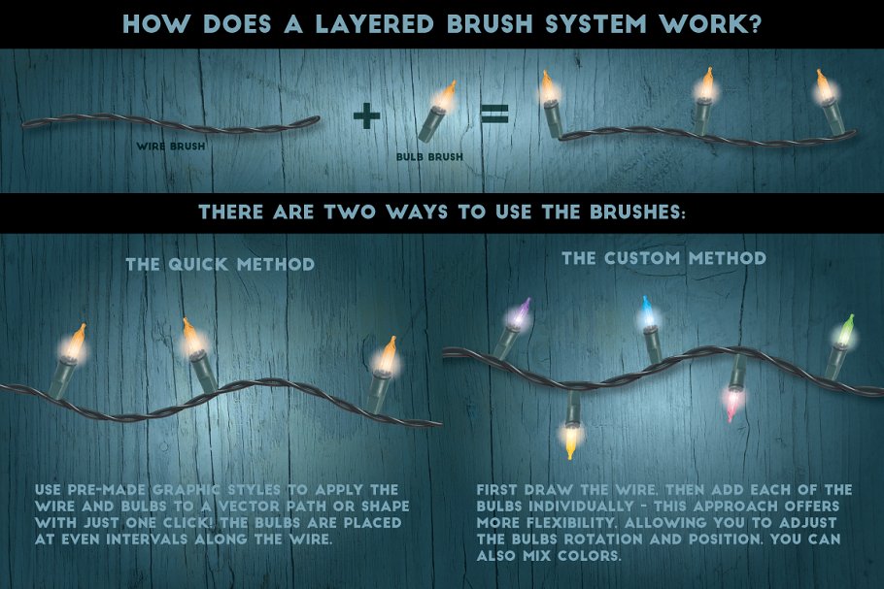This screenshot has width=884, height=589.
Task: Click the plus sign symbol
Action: click(366, 116)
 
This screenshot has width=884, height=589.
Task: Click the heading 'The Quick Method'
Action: click(220, 264)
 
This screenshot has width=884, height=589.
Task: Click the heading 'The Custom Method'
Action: click(663, 258)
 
